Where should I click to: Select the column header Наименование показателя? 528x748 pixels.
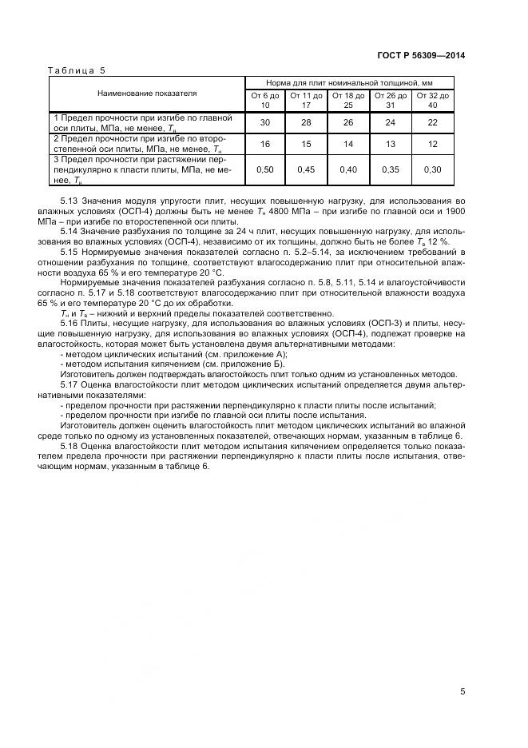(x=147, y=93)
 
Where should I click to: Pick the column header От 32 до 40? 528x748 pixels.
(x=433, y=100)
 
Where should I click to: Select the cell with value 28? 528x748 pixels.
(x=306, y=122)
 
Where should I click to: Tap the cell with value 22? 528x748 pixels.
(x=433, y=122)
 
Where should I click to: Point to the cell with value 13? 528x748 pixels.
(x=391, y=144)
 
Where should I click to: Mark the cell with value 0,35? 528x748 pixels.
(x=391, y=169)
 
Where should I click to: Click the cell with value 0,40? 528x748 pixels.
(x=348, y=169)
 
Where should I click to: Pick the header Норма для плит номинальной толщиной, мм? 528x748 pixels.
(x=349, y=82)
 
